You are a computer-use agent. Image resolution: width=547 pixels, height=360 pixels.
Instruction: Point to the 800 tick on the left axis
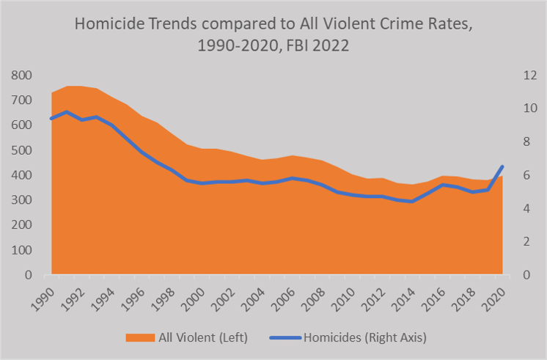point(21,75)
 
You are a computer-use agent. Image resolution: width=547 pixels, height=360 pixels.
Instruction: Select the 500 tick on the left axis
point(21,150)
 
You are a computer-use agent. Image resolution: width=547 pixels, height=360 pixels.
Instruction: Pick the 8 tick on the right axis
point(527,142)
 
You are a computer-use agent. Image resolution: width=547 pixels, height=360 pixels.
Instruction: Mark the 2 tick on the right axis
point(527,242)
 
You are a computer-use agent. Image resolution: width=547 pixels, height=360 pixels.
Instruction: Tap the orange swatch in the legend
point(136,337)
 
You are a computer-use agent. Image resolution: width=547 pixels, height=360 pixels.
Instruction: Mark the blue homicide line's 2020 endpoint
point(502,166)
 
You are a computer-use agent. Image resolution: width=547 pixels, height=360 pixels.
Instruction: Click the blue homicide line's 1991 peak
point(67,112)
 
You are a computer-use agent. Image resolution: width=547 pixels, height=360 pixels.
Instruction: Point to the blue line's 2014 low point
point(412,202)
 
